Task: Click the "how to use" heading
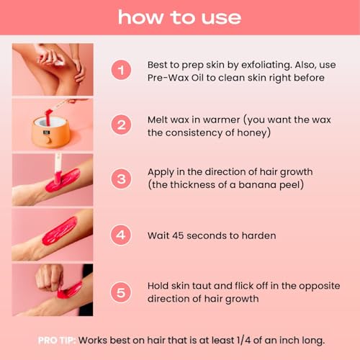coord(179,17)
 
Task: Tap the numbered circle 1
coord(122,71)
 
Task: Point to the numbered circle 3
coord(122,178)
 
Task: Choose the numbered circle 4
coord(122,234)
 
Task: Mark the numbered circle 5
coord(122,291)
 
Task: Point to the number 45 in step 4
coord(181,235)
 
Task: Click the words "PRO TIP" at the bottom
coord(57,339)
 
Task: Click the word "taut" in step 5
coord(210,285)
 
